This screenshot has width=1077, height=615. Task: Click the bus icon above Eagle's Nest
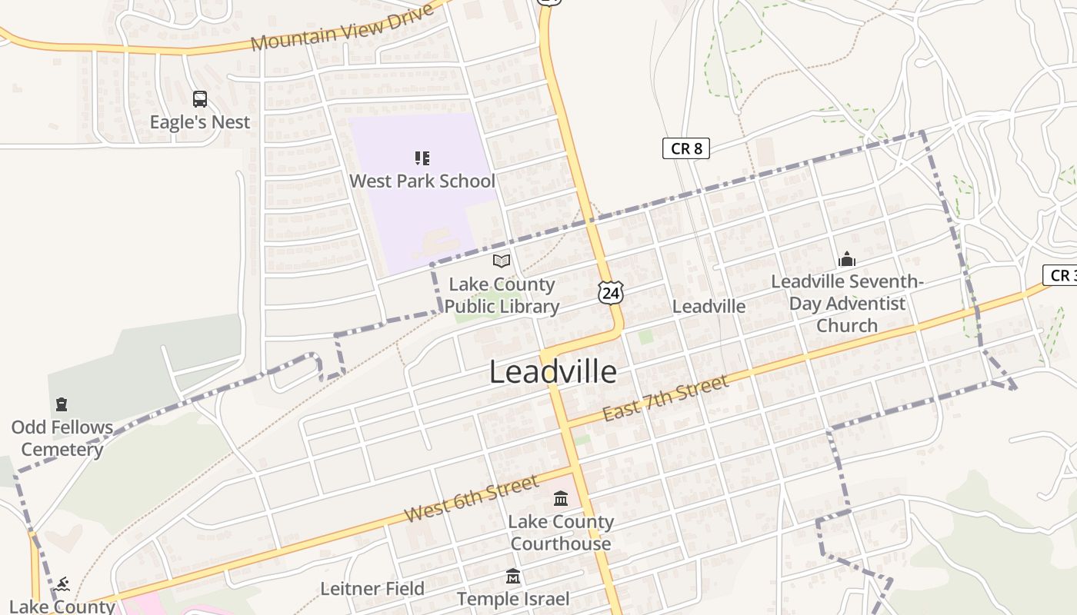click(199, 98)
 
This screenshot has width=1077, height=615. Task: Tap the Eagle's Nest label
click(200, 122)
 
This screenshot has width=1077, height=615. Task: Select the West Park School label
click(422, 181)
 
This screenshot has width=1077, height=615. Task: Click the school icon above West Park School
click(422, 158)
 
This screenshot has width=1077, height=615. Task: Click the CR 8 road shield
click(685, 148)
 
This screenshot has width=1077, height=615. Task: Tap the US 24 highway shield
click(610, 292)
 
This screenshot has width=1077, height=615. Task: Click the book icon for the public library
click(502, 261)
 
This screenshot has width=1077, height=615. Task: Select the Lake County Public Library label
click(502, 295)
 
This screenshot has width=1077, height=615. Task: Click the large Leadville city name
click(553, 372)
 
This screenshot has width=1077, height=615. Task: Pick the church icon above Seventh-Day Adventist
click(847, 259)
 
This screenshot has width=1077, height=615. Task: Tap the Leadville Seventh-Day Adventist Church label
click(847, 304)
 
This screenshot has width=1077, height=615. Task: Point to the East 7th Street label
click(665, 398)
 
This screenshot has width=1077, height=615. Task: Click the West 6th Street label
click(471, 498)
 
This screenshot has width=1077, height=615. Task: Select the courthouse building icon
click(561, 499)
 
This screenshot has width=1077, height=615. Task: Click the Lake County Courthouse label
click(561, 533)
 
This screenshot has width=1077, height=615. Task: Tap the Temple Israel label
click(513, 599)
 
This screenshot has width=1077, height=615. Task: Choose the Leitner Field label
click(372, 589)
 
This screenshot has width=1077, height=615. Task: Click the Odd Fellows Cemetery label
click(62, 438)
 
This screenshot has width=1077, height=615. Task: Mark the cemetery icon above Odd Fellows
click(62, 404)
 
